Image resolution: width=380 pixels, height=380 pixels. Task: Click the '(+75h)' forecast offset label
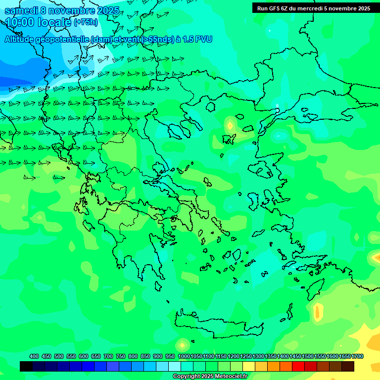click(86, 22)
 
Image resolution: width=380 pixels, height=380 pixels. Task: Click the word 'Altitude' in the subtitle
click(23, 39)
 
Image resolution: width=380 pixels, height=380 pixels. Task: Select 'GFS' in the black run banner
click(273, 8)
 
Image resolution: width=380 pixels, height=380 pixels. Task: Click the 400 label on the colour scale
click(34, 357)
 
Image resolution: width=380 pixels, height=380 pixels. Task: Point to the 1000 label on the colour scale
click(184, 357)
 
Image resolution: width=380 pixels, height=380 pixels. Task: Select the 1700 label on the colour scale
click(357, 357)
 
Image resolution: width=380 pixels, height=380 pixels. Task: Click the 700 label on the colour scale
click(108, 357)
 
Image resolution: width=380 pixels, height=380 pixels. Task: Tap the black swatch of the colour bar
click(26, 366)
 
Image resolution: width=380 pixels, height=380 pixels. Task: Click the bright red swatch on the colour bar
click(298, 366)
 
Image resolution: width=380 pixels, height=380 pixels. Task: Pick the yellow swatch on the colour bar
click(249, 366)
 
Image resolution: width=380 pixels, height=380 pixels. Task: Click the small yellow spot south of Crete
click(182, 344)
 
